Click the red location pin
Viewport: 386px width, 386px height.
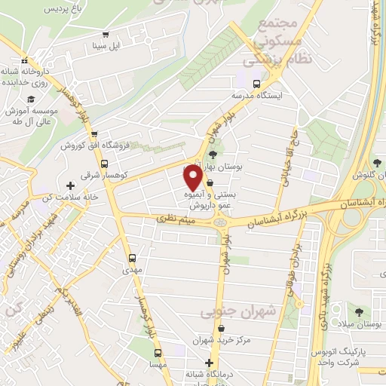coord(193,178)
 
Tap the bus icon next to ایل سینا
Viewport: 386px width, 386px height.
coord(106,34)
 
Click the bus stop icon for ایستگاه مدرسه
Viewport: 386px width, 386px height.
coord(256,84)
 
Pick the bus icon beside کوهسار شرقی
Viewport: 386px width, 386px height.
coord(104,164)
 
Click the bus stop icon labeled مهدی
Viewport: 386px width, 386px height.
coord(133,256)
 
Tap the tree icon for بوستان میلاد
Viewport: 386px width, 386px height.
coord(358,311)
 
